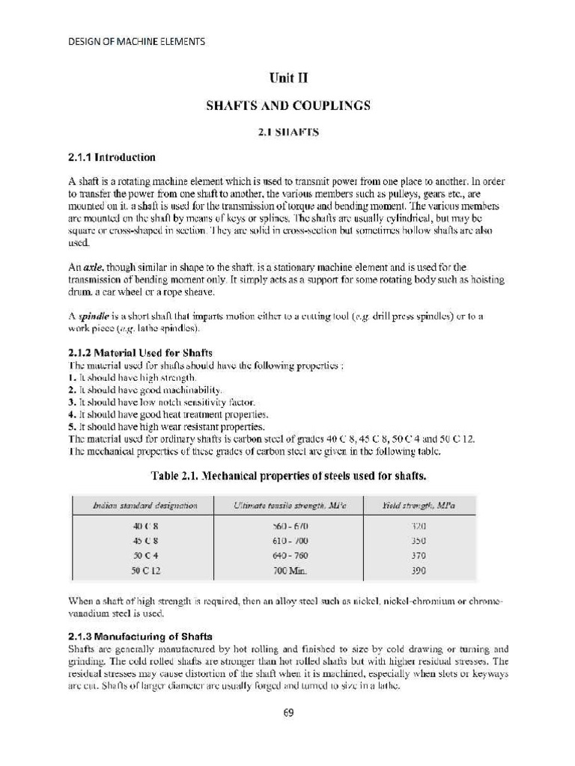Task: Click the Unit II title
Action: click(288, 78)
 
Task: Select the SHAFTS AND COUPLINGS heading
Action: click(288, 105)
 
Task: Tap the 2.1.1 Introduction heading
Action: click(112, 157)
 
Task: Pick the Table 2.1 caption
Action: click(288, 475)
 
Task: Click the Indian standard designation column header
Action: click(145, 506)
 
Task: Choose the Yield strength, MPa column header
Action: click(419, 506)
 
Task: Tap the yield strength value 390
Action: click(419, 571)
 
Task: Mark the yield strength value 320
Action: click(419, 527)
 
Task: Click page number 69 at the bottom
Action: click(288, 713)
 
